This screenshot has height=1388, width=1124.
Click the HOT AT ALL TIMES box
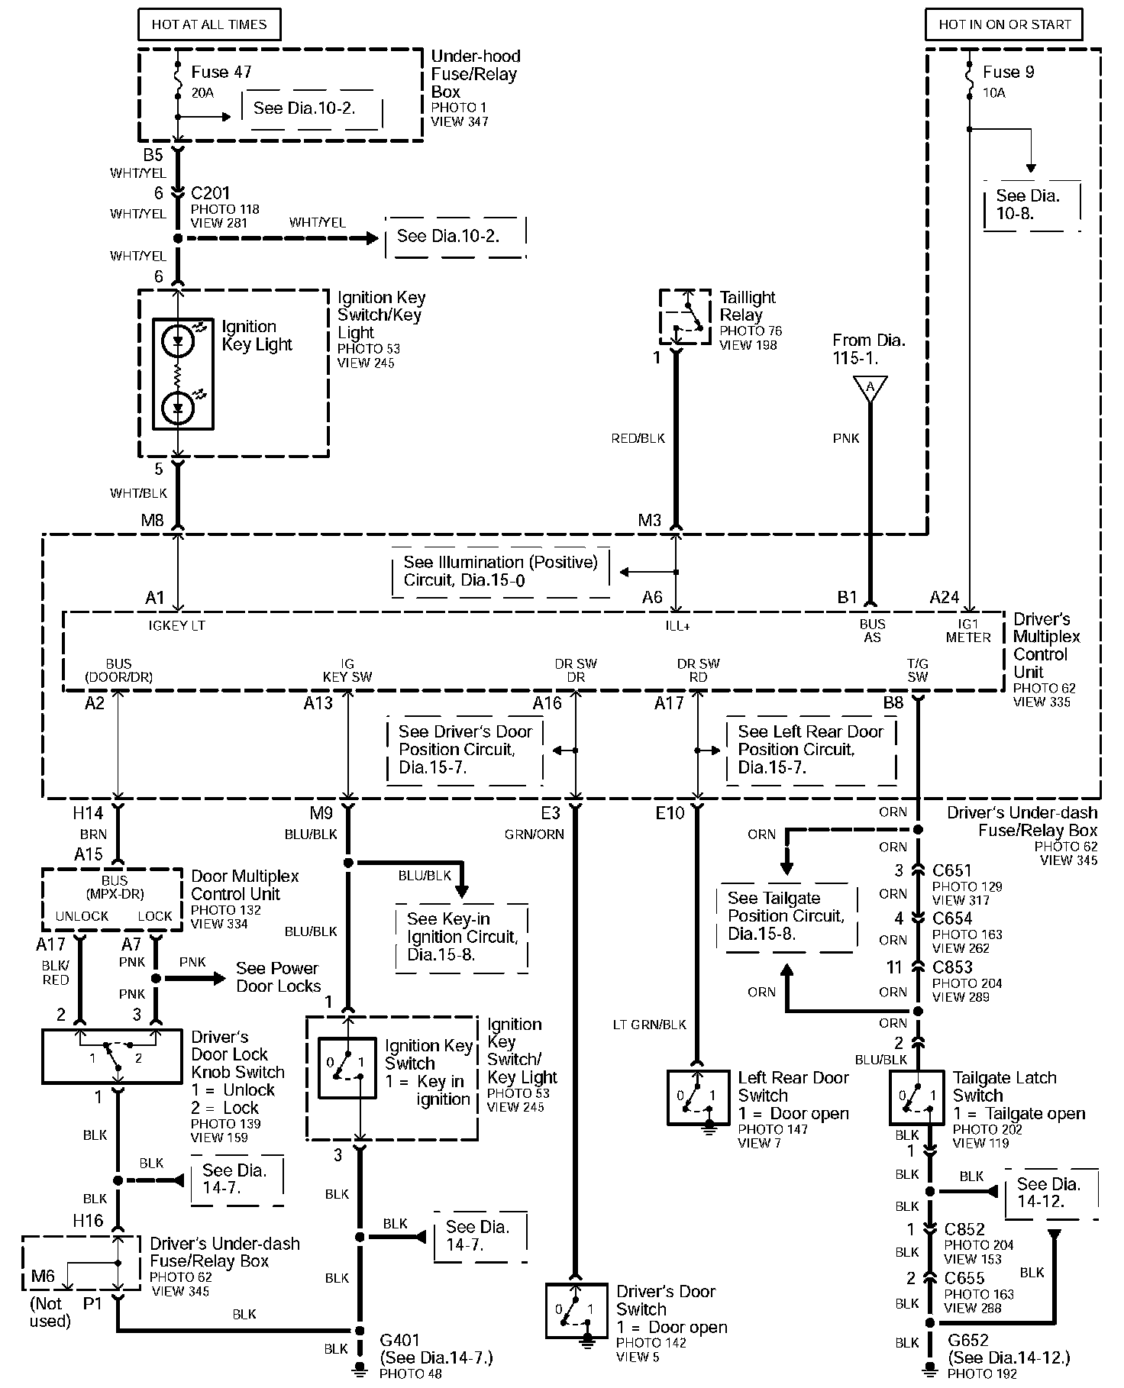coord(209,24)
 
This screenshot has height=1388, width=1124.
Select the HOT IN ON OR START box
coord(1004,24)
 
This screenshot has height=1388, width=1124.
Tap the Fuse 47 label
coord(221,72)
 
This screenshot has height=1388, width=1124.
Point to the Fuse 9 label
coord(1008,72)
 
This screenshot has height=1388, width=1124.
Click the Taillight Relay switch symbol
coord(686,316)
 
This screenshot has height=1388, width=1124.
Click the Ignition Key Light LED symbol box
coord(182,373)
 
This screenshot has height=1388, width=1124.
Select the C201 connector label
coord(210,193)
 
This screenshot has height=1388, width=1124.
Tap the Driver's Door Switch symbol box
coord(577,1310)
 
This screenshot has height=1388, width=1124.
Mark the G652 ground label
coord(968,1339)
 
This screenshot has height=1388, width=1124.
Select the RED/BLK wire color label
coord(638,438)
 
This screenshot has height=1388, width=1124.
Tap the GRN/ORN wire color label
coord(534,834)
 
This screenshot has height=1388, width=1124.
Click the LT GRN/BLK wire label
coord(650,1025)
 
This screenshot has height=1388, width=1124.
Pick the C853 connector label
coord(952,967)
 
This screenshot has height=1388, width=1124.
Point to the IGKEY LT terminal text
coord(176,625)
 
